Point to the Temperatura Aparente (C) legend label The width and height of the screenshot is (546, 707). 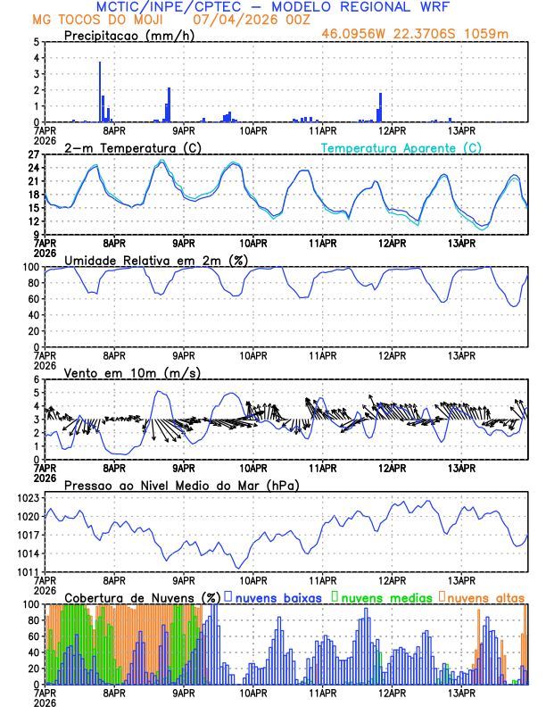point(401,147)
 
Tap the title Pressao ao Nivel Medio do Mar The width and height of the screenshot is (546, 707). point(181,485)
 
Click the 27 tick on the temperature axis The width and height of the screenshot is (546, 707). point(32,154)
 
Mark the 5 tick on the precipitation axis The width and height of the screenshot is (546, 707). point(36,42)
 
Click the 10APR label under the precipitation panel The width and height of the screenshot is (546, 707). point(253,129)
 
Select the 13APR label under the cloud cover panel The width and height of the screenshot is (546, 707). point(461,692)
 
